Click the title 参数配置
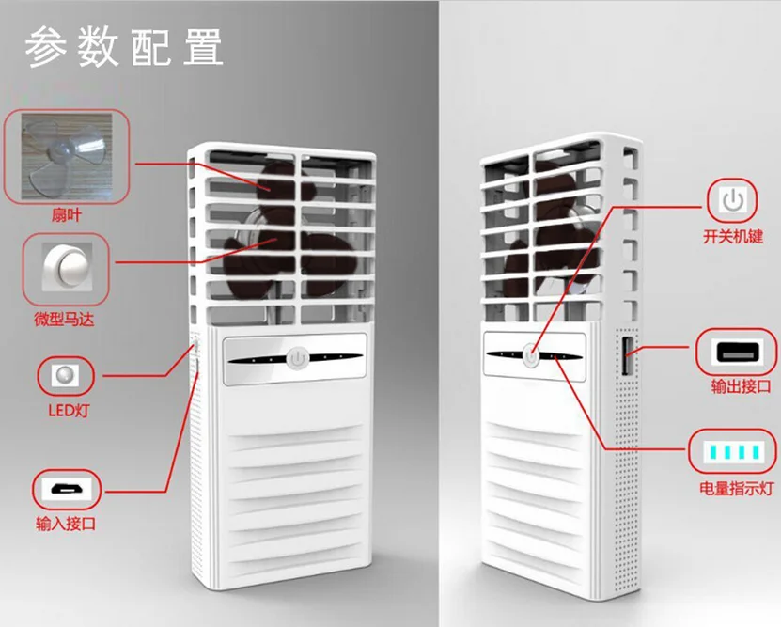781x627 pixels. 123,46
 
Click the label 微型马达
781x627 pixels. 64,321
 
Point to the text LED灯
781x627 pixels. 69,411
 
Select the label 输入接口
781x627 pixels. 67,524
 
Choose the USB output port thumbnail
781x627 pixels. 734,353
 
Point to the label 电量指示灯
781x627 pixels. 736,489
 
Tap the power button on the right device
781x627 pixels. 531,355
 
